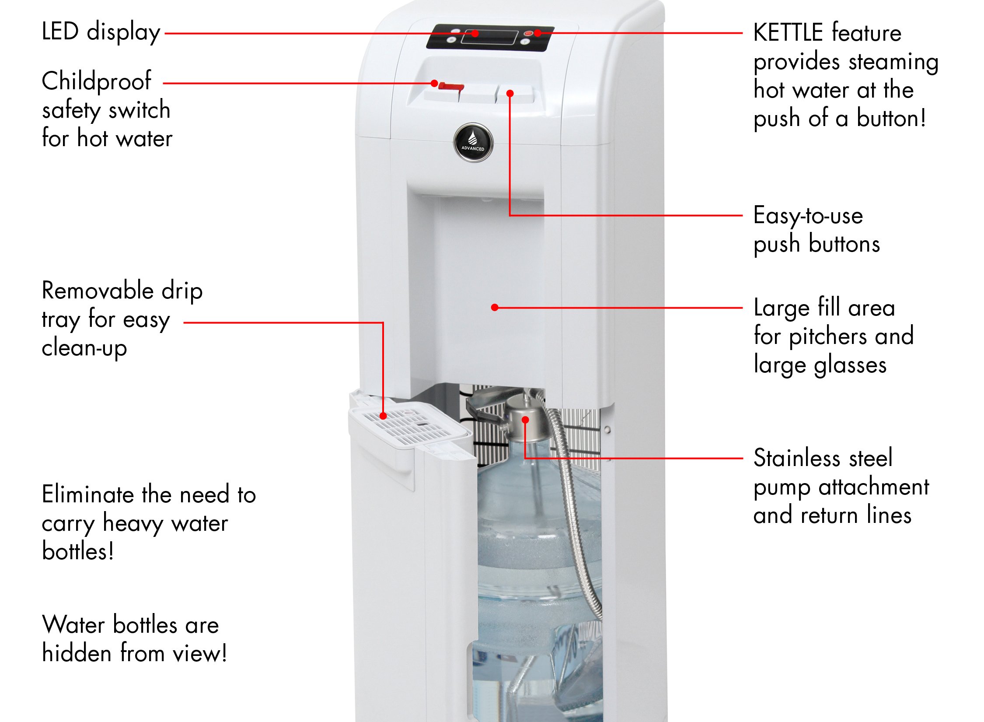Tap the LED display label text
point(101,32)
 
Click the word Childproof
point(96,81)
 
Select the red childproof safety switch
point(451,86)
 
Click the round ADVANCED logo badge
point(473,143)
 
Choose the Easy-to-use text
point(808,216)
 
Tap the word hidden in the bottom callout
point(77,653)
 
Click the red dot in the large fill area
point(495,308)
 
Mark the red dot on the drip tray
point(383,416)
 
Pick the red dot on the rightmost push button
point(510,93)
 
